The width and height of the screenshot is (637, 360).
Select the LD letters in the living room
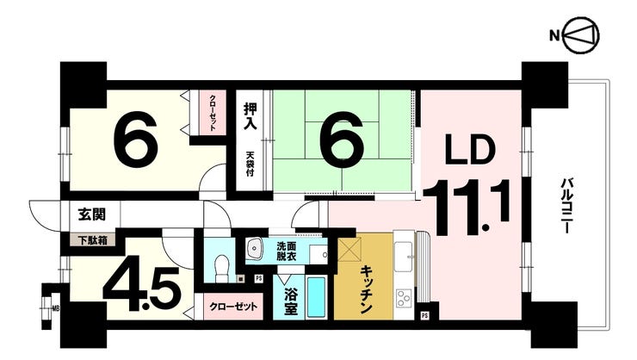point(470,152)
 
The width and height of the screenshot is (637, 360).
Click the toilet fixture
point(221,267)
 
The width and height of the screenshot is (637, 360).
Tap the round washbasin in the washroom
point(255,250)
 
